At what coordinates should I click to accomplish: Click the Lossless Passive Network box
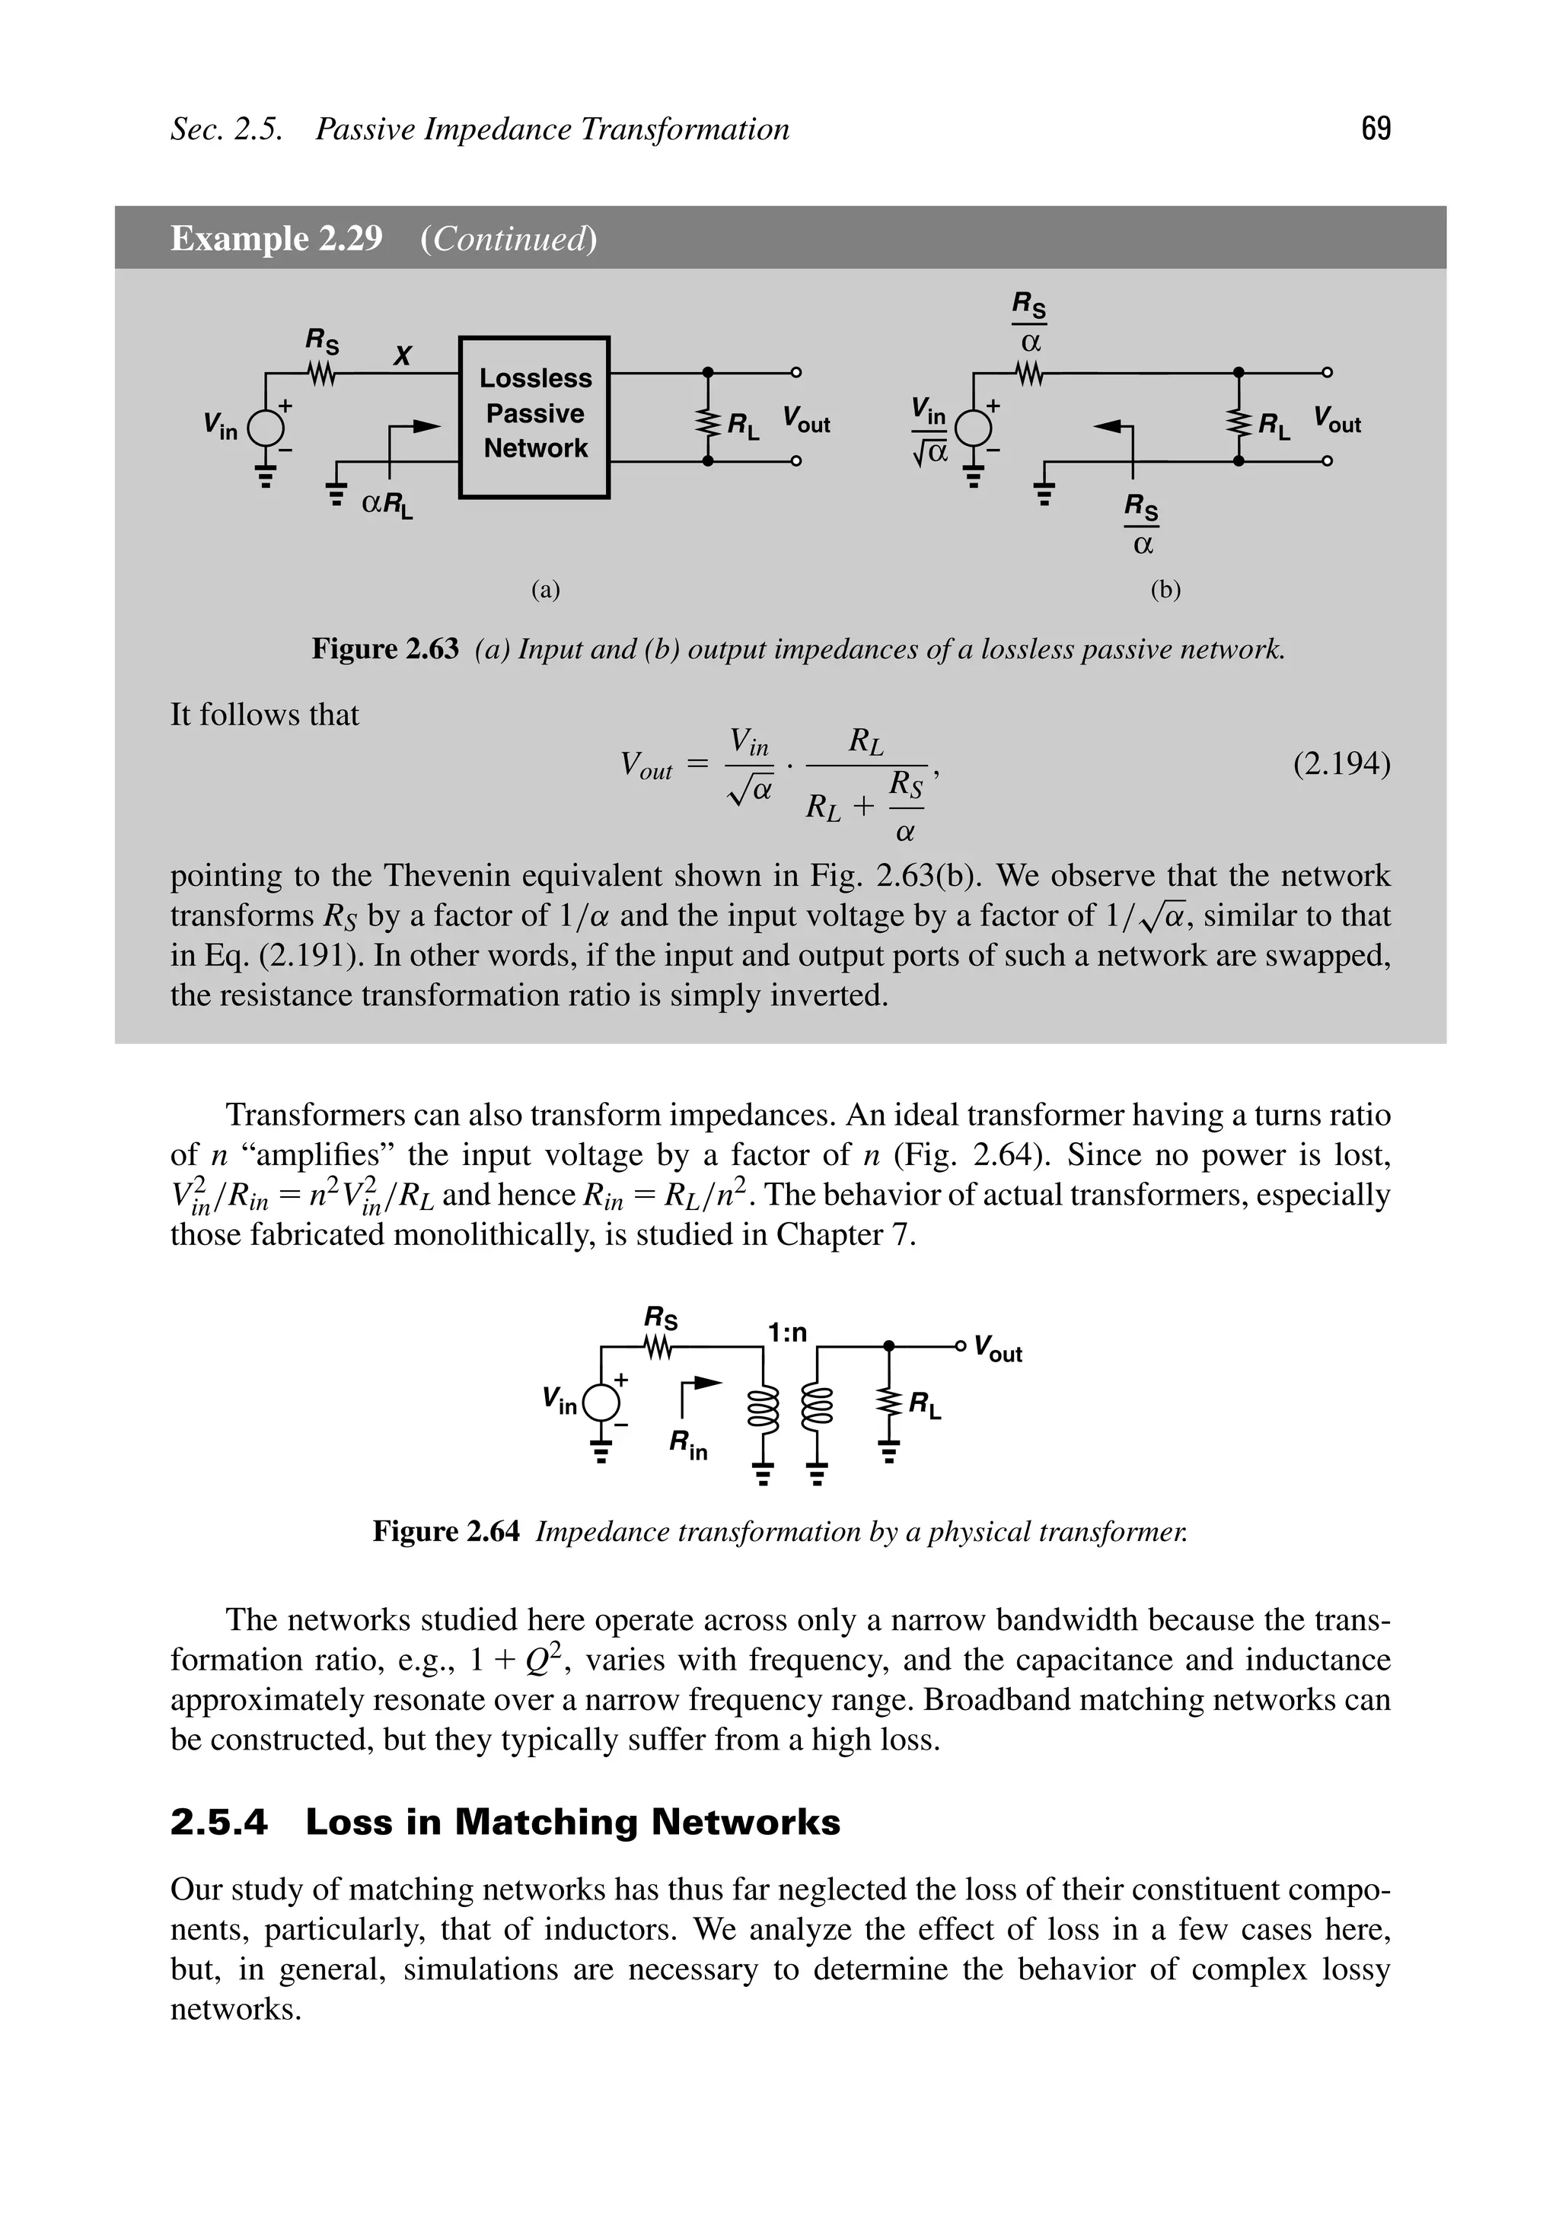pos(534,416)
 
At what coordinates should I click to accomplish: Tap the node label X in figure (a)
pos(403,355)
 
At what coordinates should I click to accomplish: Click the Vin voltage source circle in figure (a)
pos(266,426)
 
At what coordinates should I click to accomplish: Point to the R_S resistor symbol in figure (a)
pos(322,372)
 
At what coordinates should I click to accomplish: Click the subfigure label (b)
pos(1165,590)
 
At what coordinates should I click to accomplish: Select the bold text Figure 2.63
pos(384,650)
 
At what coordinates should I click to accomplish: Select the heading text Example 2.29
pos(276,238)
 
